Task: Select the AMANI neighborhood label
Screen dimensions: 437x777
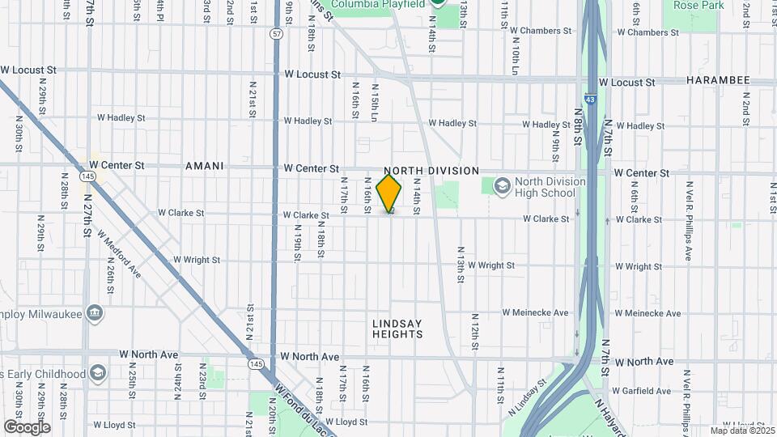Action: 204,166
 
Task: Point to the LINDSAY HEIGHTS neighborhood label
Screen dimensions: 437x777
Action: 397,329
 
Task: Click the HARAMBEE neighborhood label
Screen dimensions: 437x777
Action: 718,81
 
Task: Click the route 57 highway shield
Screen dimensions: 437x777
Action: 277,33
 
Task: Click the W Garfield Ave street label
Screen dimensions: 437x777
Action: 643,391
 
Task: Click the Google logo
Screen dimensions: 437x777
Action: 27,426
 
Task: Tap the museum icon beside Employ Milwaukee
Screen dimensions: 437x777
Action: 95,312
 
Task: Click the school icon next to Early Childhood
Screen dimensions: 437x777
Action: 99,373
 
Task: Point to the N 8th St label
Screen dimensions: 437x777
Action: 579,125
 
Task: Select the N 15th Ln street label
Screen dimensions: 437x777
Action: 374,100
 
